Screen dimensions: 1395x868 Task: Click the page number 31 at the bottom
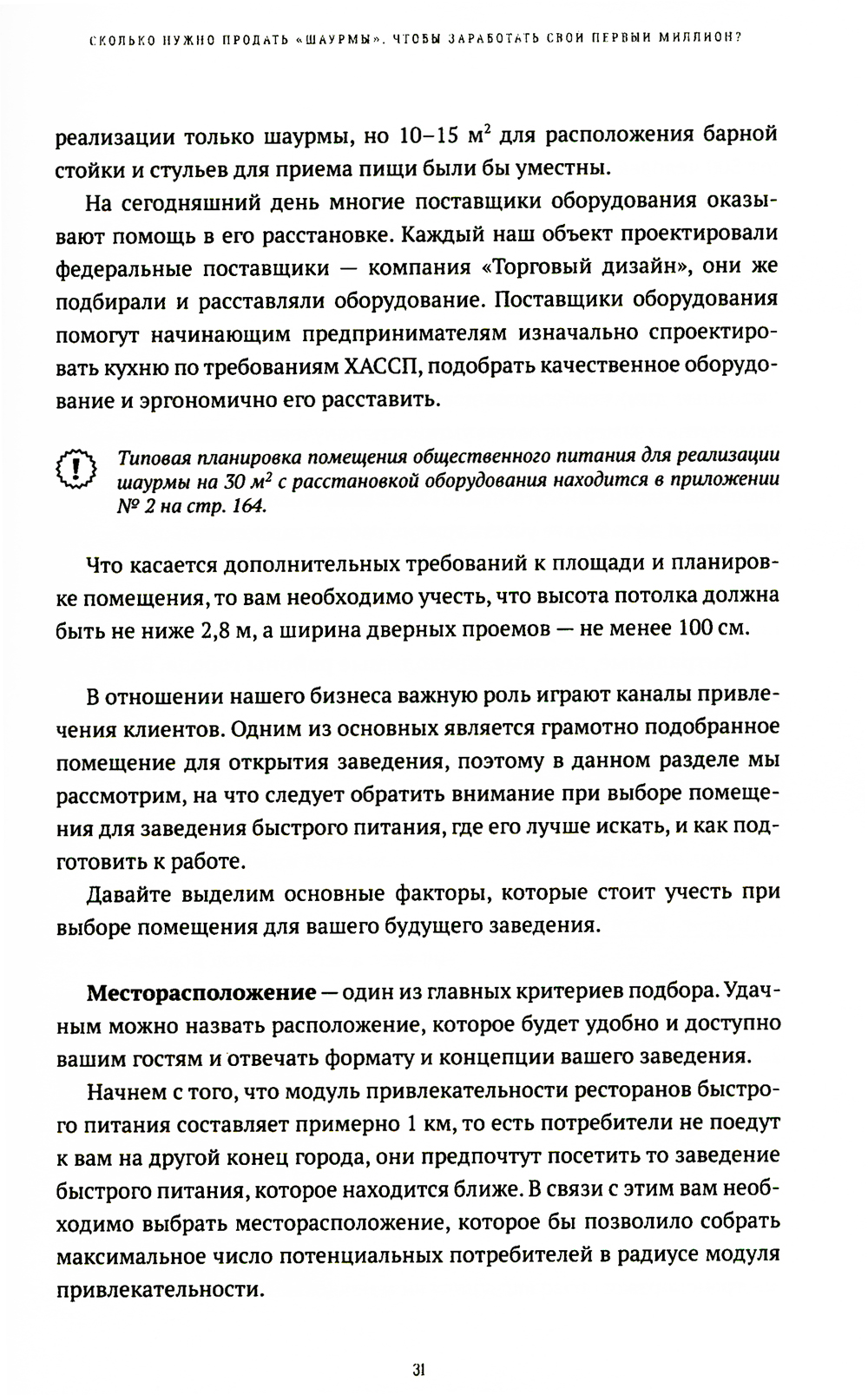(418, 1346)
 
